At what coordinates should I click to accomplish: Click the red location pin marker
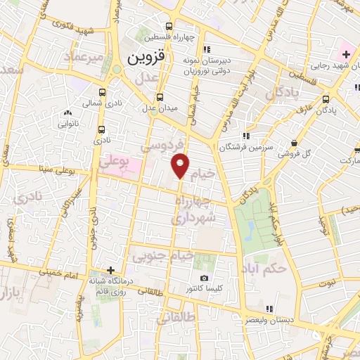(x=181, y=165)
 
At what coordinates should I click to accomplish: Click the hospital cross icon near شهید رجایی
(x=347, y=54)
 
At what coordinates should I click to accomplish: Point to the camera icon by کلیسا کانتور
(x=204, y=278)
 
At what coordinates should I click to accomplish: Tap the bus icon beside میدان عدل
(x=160, y=98)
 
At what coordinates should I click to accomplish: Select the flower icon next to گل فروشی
(x=281, y=152)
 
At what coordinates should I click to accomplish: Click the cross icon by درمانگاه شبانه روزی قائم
(x=110, y=269)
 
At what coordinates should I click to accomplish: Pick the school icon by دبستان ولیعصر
(x=270, y=308)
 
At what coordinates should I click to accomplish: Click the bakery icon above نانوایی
(x=68, y=112)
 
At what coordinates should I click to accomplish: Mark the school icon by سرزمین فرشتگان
(x=245, y=136)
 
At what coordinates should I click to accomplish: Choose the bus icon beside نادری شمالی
(x=103, y=92)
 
